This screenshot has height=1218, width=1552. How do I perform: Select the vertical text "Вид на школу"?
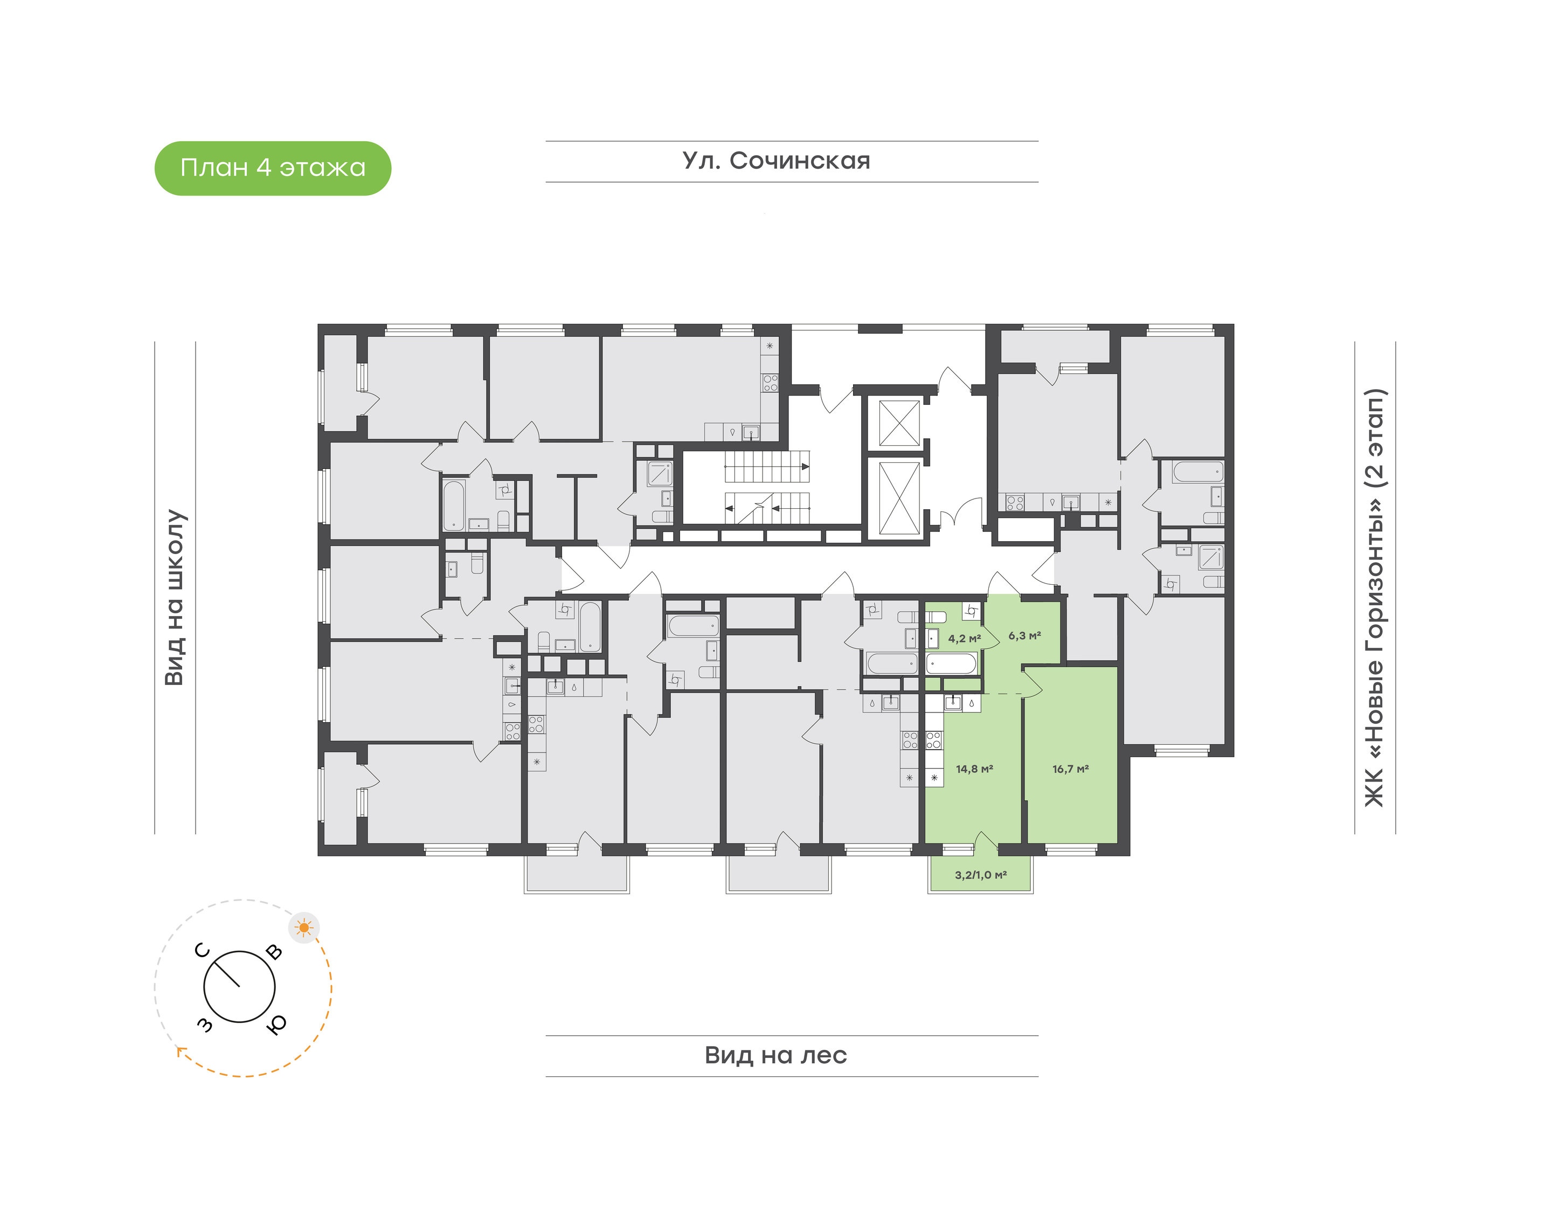[x=175, y=597]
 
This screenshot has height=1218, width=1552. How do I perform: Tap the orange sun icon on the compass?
[x=304, y=927]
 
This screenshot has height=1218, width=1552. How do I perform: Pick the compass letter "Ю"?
[x=276, y=1024]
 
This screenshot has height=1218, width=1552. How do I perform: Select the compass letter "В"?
[x=274, y=952]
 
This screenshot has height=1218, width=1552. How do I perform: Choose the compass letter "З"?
[x=205, y=1025]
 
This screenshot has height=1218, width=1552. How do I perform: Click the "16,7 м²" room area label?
[x=1070, y=769]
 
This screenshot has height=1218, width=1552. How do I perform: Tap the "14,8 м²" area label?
[x=974, y=769]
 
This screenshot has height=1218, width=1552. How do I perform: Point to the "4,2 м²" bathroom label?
[x=964, y=638]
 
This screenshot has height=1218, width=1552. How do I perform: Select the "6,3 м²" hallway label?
[x=1024, y=635]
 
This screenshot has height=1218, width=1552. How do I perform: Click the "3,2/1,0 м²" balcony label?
[x=980, y=875]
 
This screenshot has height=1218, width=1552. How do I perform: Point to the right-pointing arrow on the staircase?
[x=805, y=467]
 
